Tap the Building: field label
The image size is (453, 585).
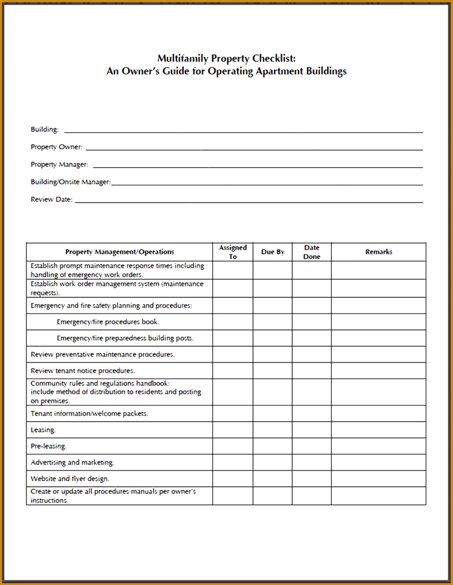(x=45, y=129)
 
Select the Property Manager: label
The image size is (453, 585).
(x=59, y=165)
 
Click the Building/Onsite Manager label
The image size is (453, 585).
(x=71, y=182)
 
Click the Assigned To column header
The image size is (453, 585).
(x=233, y=252)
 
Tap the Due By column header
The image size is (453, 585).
(x=272, y=252)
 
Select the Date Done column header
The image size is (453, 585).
(x=311, y=252)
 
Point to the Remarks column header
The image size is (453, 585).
(x=378, y=252)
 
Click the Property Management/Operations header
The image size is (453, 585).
(x=119, y=252)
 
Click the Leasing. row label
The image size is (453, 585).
(x=43, y=430)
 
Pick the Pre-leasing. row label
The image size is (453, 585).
(x=49, y=446)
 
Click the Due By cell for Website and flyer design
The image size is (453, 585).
(x=272, y=479)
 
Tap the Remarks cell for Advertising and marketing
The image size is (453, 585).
(x=378, y=462)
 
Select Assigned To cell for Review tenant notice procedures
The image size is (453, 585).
(x=233, y=371)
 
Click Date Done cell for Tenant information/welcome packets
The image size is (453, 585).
(x=311, y=414)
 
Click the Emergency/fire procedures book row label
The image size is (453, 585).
(x=108, y=322)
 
